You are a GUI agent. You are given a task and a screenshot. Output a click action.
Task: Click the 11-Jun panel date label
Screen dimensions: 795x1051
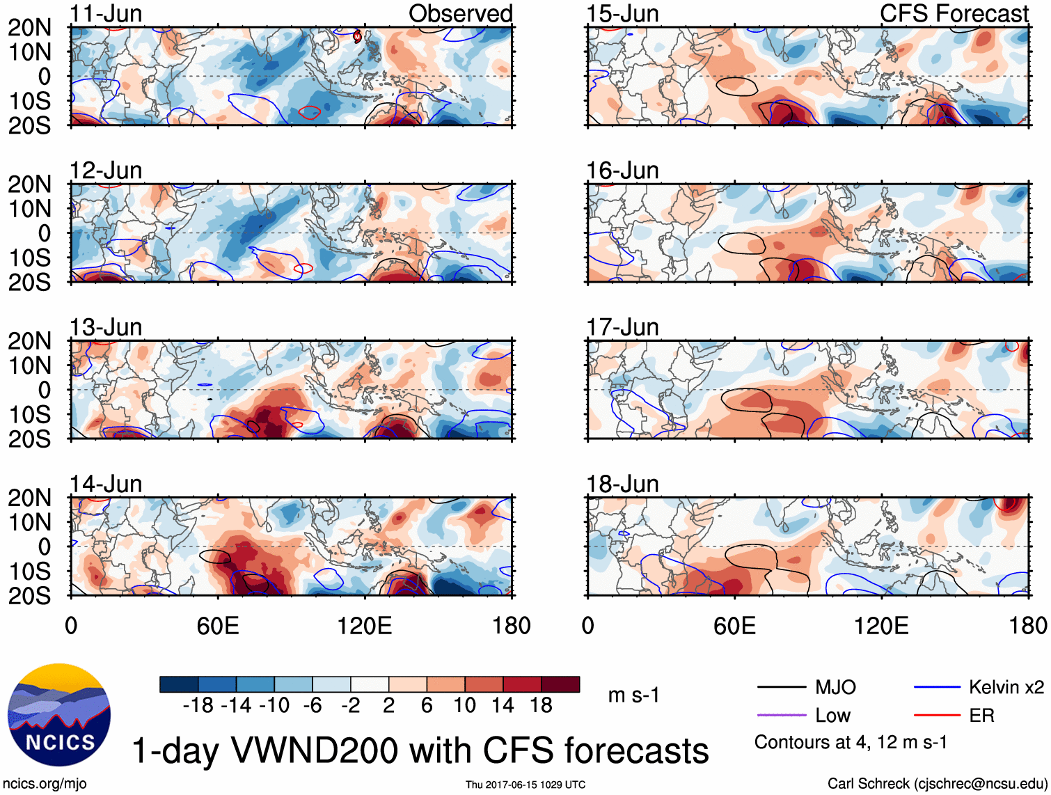point(106,13)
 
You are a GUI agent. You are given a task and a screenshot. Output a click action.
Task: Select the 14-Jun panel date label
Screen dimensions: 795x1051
point(106,483)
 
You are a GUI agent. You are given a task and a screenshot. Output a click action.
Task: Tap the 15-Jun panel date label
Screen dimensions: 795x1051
point(622,13)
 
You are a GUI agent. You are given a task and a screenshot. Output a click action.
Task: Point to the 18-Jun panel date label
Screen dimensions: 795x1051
point(622,483)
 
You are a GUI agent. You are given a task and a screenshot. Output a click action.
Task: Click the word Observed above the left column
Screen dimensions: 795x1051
point(460,13)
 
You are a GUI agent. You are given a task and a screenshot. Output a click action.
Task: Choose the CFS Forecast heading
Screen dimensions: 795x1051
point(954,13)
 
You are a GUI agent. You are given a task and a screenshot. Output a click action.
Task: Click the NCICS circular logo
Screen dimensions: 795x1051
point(59,715)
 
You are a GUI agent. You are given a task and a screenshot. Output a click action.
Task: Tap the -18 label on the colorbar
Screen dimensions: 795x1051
point(198,705)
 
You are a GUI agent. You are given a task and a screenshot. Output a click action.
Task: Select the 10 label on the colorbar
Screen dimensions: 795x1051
point(464,705)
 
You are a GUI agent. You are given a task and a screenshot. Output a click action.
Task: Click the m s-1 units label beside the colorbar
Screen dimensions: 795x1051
point(633,695)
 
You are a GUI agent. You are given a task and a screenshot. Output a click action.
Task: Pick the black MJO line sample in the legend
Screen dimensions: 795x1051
point(781,688)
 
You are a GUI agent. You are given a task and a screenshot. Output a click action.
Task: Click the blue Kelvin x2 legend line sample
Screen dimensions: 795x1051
point(937,688)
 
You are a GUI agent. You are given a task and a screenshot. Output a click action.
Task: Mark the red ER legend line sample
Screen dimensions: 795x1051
point(937,715)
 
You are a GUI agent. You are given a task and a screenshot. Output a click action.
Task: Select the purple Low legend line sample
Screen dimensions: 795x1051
point(781,715)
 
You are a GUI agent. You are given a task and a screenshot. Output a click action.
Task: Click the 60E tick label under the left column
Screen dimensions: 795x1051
point(218,625)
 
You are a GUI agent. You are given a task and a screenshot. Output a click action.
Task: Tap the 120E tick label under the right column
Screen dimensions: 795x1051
point(881,625)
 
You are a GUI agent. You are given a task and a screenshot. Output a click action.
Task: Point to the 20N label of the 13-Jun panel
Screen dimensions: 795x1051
point(29,341)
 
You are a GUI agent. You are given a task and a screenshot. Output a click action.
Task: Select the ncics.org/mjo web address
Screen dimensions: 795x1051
point(45,783)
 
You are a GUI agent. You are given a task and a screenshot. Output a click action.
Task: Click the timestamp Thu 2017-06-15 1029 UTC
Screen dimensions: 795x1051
point(525,785)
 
